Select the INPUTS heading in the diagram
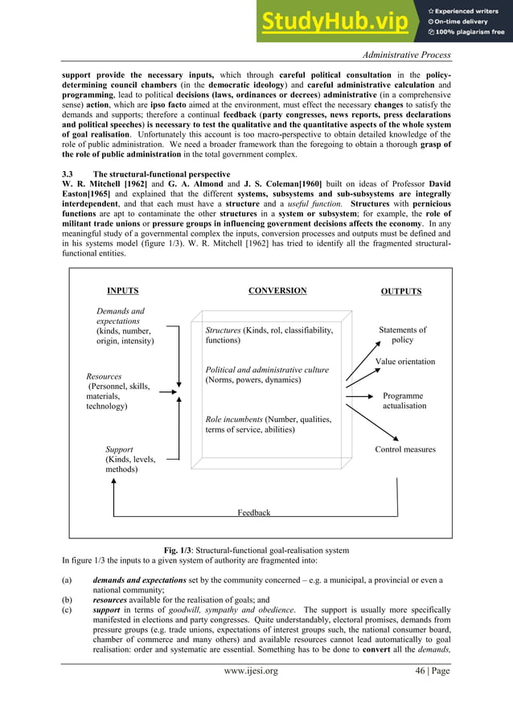(x=123, y=291)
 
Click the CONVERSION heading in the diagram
(x=277, y=291)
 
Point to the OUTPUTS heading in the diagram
(x=400, y=292)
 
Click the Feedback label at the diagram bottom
(x=254, y=512)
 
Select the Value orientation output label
(x=405, y=362)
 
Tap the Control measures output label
(x=405, y=449)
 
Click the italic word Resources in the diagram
(x=104, y=376)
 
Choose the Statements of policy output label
(x=402, y=335)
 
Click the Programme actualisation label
(x=404, y=401)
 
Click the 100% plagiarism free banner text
(x=470, y=32)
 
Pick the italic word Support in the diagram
(x=120, y=449)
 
